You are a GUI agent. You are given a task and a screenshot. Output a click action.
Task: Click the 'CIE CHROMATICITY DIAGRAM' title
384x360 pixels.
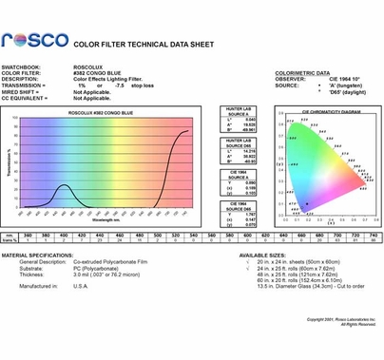(311, 110)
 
